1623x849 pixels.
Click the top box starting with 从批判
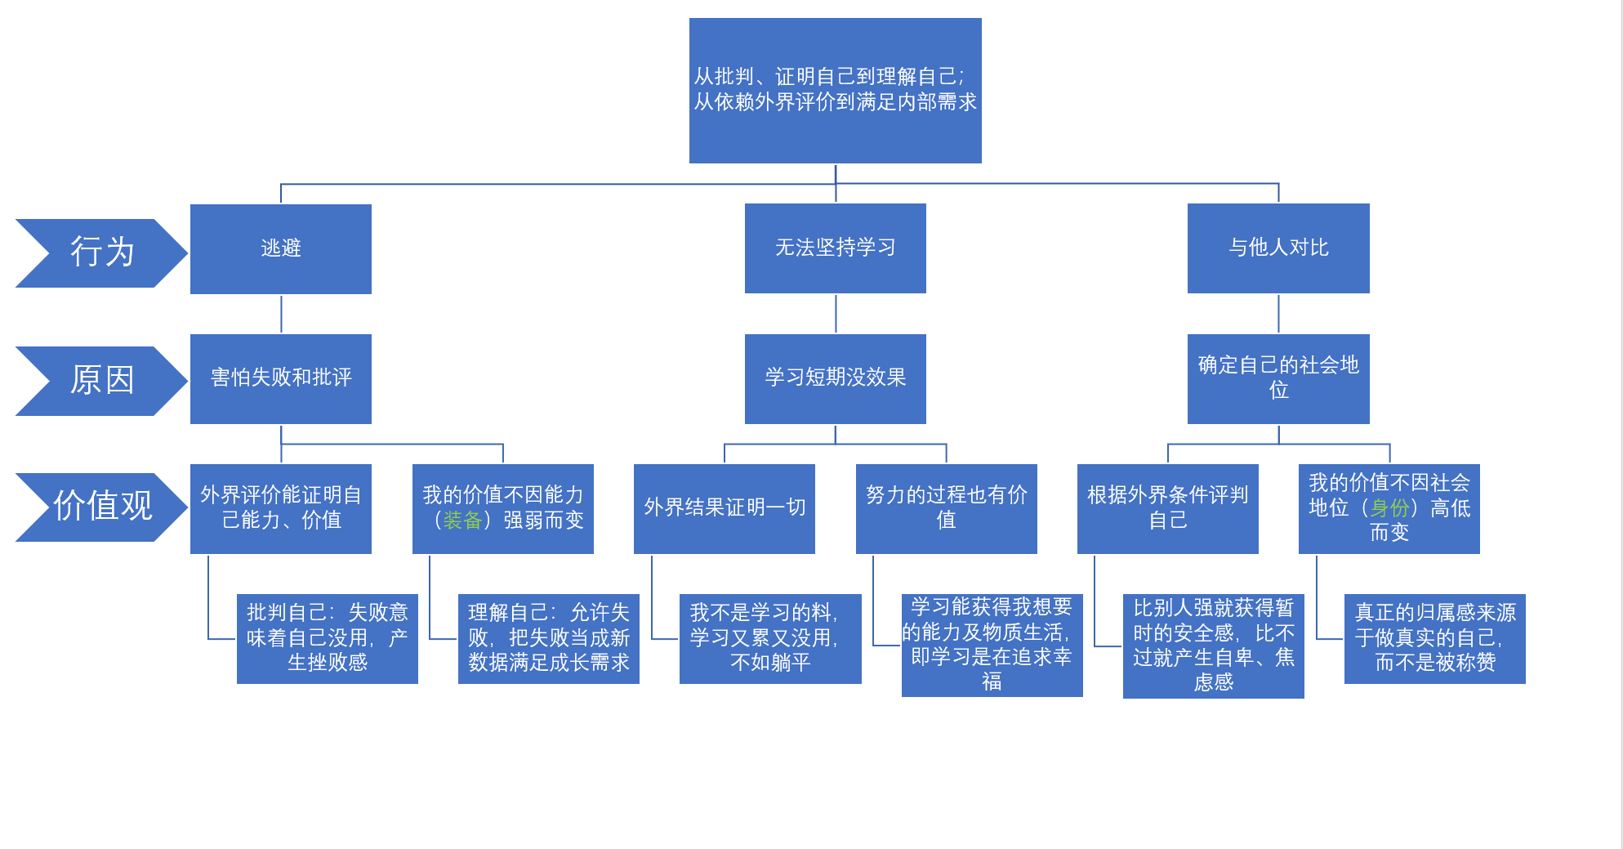click(835, 90)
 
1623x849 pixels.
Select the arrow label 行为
click(101, 252)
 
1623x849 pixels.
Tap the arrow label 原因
click(101, 380)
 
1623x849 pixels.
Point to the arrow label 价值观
click(101, 507)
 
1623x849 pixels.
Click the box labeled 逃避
click(280, 248)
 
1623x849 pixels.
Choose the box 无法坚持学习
click(835, 248)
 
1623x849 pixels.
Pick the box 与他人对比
click(1278, 248)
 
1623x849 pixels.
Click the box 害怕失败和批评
click(280, 378)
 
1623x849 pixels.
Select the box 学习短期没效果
click(835, 378)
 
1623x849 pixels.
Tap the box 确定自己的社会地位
click(1278, 378)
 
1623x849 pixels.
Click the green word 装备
click(462, 521)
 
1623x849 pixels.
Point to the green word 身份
click(1389, 508)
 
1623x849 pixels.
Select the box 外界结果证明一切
click(724, 508)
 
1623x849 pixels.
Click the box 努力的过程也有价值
click(946, 508)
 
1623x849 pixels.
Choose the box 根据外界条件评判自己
click(1167, 508)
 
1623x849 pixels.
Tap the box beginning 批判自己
click(327, 638)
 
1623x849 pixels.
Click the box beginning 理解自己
click(548, 638)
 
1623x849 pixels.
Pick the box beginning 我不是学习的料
click(769, 638)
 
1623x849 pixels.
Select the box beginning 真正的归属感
click(1434, 638)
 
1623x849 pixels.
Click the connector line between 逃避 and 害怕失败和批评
click(281, 314)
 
